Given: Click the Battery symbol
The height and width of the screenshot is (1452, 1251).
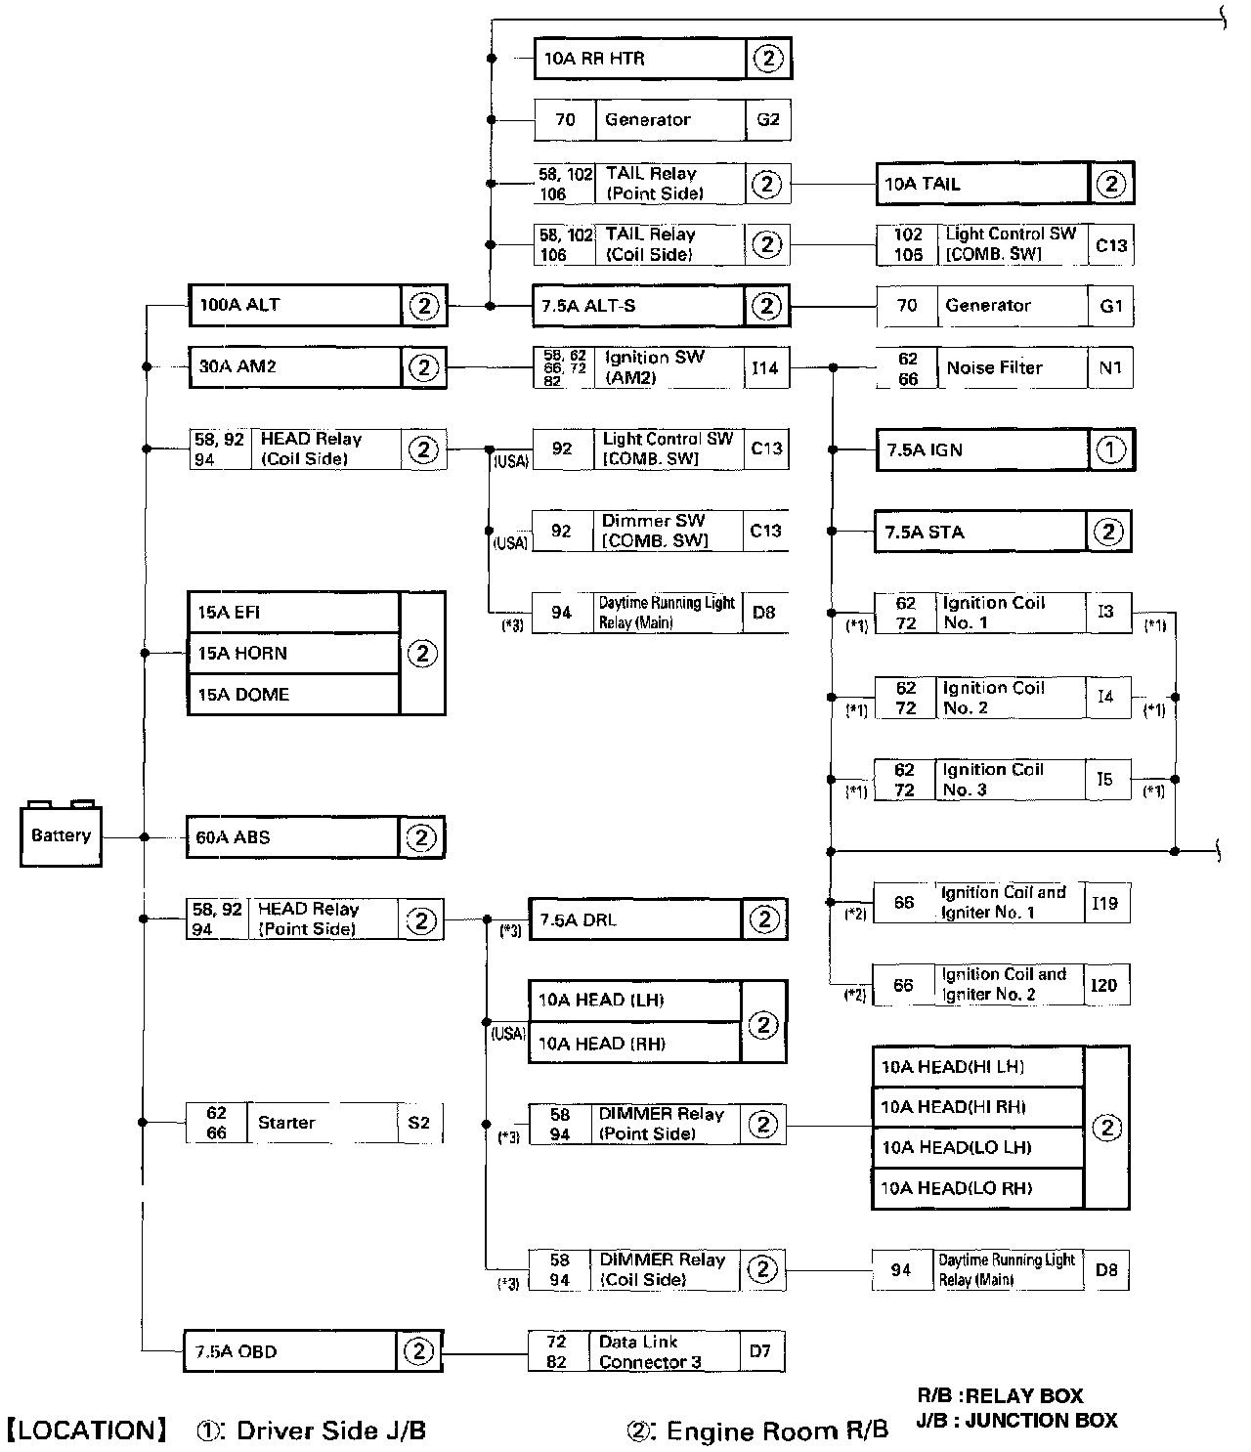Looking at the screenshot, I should (61, 835).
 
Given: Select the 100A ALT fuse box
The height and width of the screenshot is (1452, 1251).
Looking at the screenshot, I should (294, 305).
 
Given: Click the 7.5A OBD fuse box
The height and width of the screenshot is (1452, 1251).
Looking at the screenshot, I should (289, 1351).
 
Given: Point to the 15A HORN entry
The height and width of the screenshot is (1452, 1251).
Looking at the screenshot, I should (293, 653).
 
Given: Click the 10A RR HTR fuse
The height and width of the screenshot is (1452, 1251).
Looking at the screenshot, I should (639, 59).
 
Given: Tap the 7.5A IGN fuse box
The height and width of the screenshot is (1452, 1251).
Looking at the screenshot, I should (982, 449).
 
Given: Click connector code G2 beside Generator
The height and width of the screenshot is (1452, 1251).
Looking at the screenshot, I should (768, 119).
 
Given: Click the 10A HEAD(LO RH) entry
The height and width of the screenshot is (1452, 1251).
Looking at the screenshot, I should (977, 1188).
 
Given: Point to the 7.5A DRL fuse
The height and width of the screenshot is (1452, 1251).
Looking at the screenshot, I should (635, 919).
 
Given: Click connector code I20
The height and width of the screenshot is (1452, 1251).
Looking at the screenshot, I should (1103, 985).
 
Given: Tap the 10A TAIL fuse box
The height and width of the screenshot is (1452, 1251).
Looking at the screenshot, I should (982, 184).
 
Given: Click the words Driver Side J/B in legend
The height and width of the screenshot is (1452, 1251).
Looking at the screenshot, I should (331, 1431).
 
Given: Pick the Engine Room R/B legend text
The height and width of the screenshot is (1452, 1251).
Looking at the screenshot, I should (777, 1431).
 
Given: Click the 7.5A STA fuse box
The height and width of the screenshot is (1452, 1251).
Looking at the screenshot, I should (980, 532).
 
